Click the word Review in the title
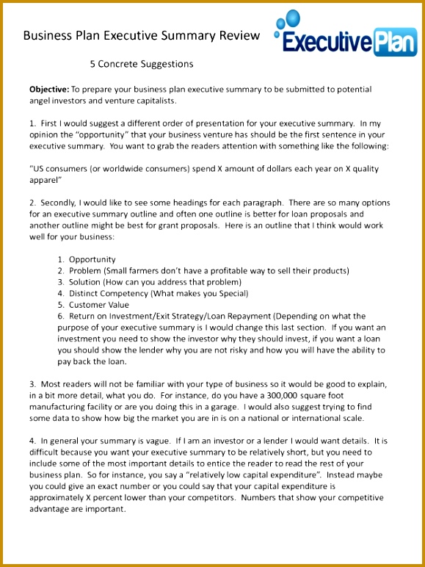pos(241,35)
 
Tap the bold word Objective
pos(48,89)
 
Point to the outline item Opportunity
pos(92,259)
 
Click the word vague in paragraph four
pos(152,441)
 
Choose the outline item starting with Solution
pos(155,282)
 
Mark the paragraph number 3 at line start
pos(32,384)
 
